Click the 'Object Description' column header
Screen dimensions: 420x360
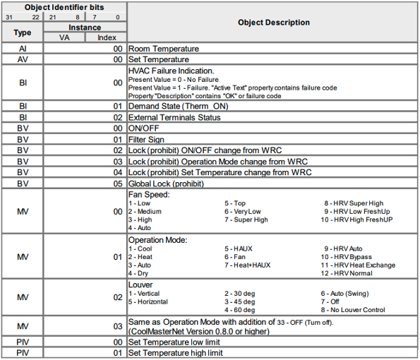click(273, 23)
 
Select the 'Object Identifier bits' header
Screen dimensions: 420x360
click(64, 6)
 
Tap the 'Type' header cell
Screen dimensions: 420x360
click(22, 32)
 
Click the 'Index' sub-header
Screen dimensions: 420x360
click(107, 37)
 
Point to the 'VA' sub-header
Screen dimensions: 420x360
click(64, 37)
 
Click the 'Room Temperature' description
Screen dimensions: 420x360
click(163, 49)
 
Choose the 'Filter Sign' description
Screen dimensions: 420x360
click(151, 140)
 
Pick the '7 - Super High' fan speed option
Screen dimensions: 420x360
click(246, 220)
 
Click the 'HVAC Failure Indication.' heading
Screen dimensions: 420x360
click(172, 71)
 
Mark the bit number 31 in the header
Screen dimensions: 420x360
click(8, 16)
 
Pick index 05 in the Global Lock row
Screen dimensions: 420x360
click(119, 182)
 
